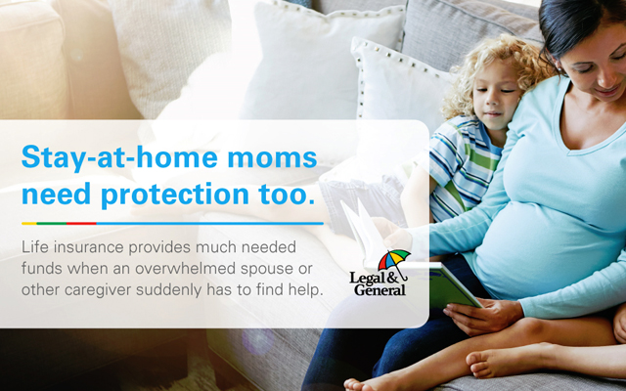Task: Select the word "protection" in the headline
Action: coord(175,195)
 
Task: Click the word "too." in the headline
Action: coord(287,195)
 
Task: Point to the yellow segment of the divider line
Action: coord(29,224)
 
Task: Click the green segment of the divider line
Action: coord(52,224)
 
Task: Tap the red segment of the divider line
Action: coord(81,224)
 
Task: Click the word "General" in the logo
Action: coord(380,289)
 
